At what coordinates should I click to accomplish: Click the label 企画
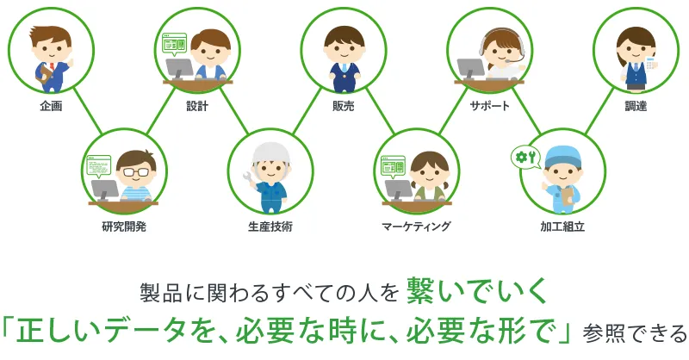pyautogui.click(x=51, y=106)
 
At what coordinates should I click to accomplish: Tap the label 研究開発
pyautogui.click(x=124, y=227)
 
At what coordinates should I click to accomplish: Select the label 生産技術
pyautogui.click(x=270, y=227)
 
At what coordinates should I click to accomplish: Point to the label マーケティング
pyautogui.click(x=416, y=227)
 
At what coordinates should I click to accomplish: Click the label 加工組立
pyautogui.click(x=562, y=227)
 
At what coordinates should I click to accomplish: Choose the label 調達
pyautogui.click(x=636, y=106)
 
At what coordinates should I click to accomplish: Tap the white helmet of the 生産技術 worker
pyautogui.click(x=270, y=154)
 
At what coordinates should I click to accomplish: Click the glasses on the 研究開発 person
pyautogui.click(x=136, y=172)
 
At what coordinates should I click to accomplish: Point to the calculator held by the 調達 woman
pyautogui.click(x=650, y=63)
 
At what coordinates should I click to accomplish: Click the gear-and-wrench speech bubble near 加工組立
pyautogui.click(x=525, y=158)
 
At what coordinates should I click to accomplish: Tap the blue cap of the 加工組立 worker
pyautogui.click(x=563, y=157)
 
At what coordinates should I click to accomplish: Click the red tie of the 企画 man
pyautogui.click(x=52, y=67)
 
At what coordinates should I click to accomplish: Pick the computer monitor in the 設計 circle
pyautogui.click(x=179, y=69)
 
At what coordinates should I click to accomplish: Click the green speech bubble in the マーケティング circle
pyautogui.click(x=394, y=167)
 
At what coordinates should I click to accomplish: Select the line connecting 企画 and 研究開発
pyautogui.click(x=88, y=110)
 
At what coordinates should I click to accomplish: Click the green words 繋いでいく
pyautogui.click(x=477, y=290)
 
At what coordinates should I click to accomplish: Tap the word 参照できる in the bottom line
pyautogui.click(x=635, y=333)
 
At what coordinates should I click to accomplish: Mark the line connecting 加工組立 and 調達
pyautogui.click(x=599, y=110)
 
